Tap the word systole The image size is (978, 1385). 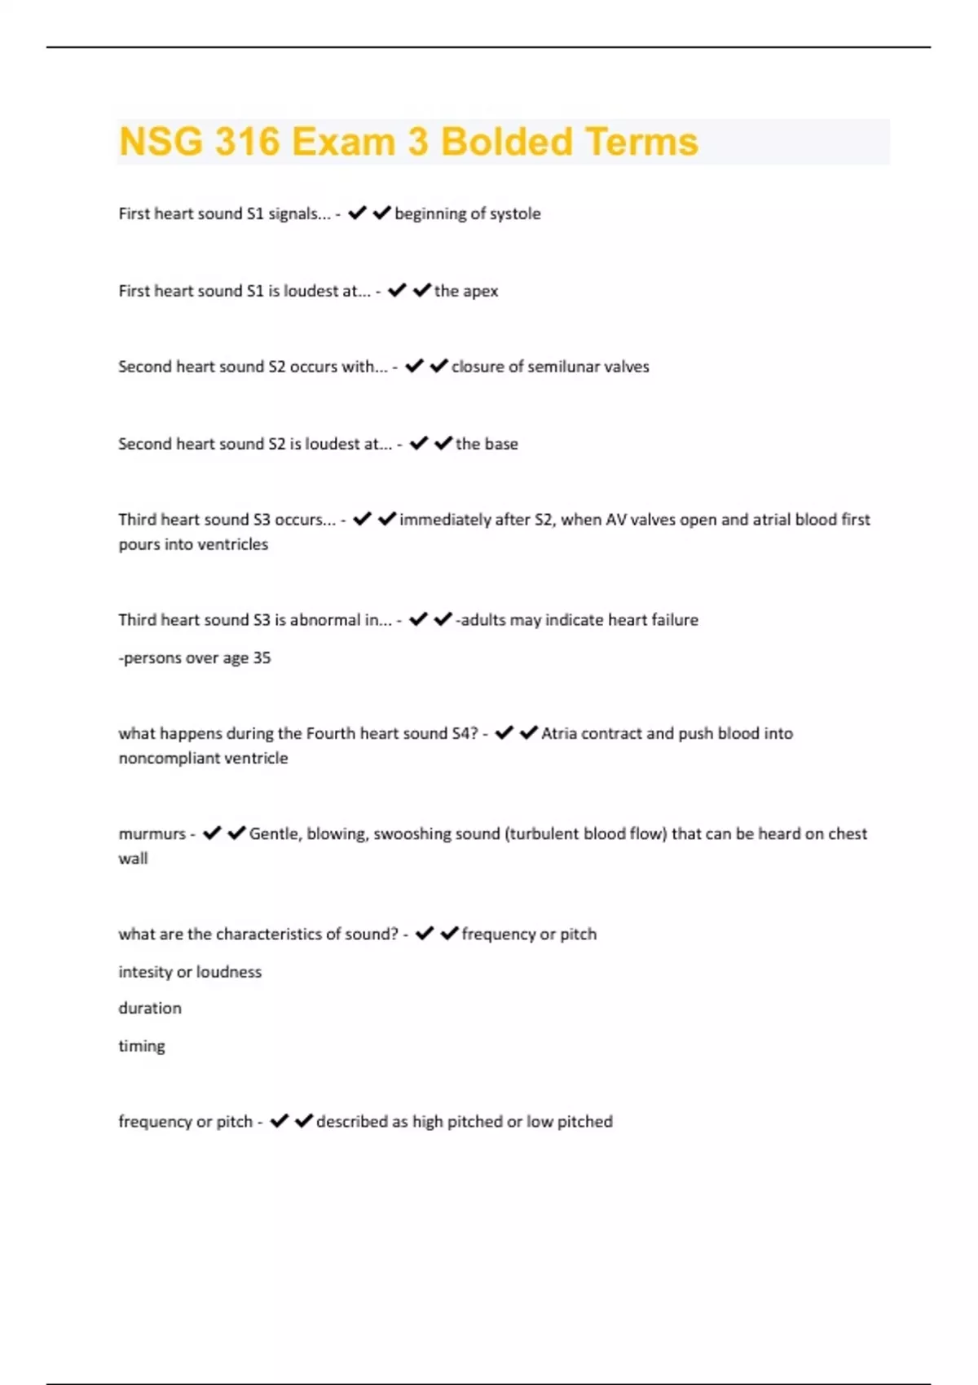514,213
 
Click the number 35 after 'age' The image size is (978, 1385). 262,658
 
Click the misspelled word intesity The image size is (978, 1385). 145,972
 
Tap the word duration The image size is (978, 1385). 150,1009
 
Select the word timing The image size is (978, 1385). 142,1046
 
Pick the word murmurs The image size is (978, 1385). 152,834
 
